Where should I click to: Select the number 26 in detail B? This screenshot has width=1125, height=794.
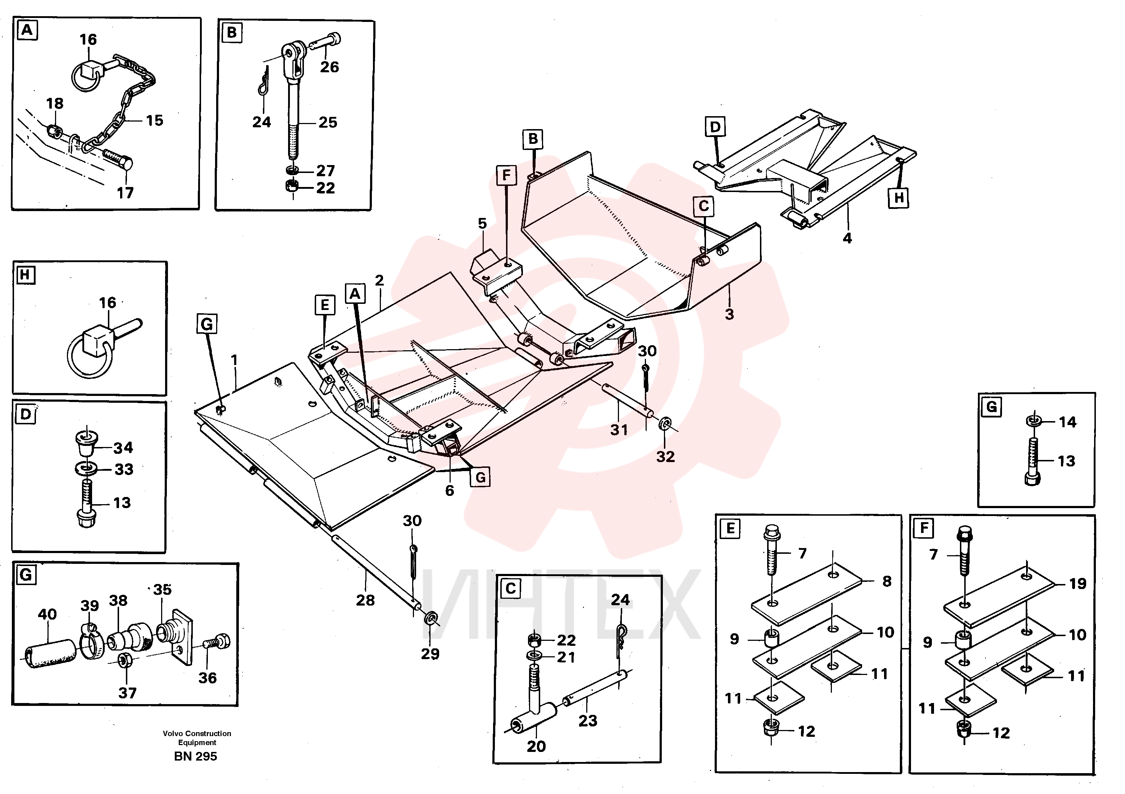[x=329, y=67]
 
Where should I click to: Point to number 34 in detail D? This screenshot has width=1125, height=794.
[x=123, y=447]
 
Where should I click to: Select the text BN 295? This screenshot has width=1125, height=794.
[x=196, y=756]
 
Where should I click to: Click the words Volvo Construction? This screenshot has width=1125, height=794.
[x=197, y=733]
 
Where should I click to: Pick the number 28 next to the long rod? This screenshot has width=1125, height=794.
[x=365, y=600]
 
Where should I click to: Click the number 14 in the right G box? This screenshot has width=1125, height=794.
[x=1068, y=422]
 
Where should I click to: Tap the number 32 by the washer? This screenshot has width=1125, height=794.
[x=665, y=456]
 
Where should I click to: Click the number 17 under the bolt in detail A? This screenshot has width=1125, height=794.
[x=125, y=193]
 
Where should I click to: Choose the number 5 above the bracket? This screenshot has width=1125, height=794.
[x=482, y=223]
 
